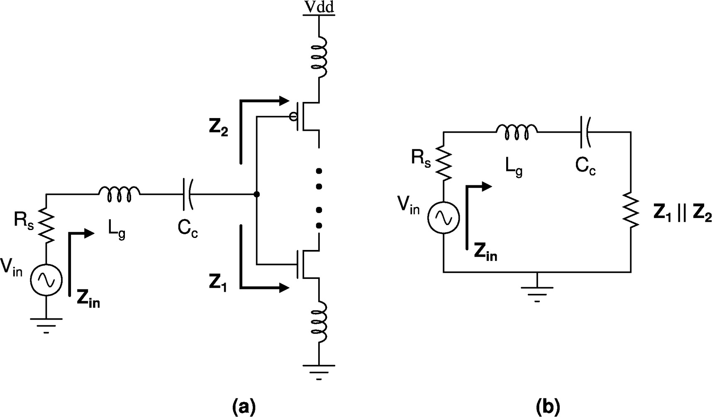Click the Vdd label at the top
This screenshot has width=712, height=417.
(319, 7)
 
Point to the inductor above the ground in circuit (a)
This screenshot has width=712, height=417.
(320, 321)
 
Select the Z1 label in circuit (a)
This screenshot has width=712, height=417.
(218, 283)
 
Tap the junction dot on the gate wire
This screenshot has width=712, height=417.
(257, 194)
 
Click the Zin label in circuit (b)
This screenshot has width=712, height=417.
(485, 253)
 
